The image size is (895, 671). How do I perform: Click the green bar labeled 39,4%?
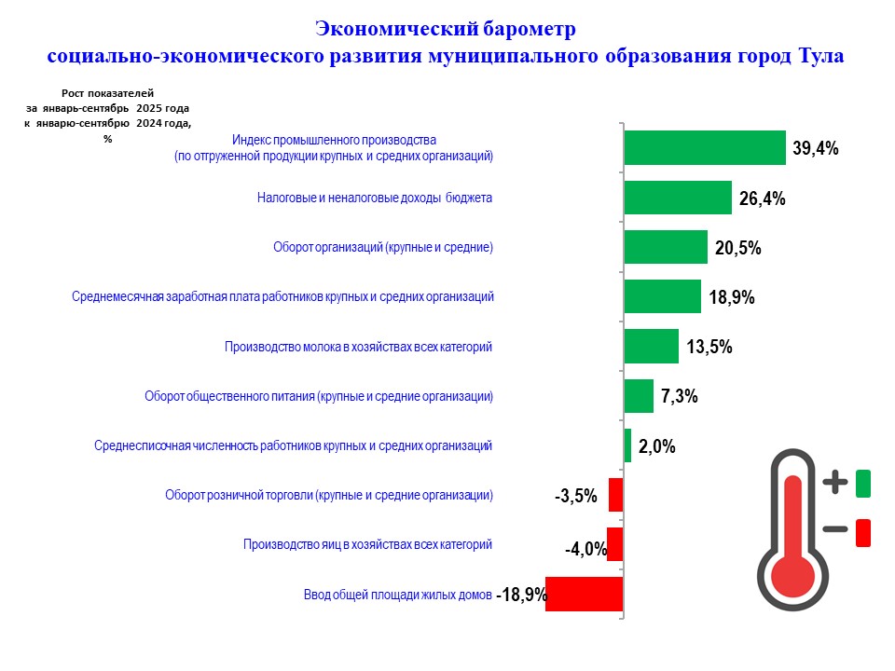[x=704, y=147]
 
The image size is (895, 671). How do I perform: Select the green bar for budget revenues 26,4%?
[x=677, y=198]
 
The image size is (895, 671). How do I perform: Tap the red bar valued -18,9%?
[x=584, y=594]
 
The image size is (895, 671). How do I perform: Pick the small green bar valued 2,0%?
[x=627, y=445]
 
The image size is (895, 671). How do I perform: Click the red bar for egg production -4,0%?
[x=614, y=544]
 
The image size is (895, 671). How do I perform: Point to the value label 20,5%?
[x=739, y=248]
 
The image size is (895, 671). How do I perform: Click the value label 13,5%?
[x=709, y=347]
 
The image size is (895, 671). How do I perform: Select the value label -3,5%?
[x=575, y=496]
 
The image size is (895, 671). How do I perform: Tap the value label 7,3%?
[x=680, y=396]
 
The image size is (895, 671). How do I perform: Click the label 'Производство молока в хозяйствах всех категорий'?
[x=358, y=347]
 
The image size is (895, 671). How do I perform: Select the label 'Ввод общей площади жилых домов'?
[x=397, y=594]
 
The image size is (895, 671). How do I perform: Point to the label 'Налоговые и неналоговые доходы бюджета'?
[x=374, y=198]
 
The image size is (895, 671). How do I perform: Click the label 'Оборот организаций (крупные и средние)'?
[x=382, y=247]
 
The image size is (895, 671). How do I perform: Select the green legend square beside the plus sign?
[x=862, y=484]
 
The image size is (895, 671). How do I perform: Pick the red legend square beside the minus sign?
[x=862, y=532]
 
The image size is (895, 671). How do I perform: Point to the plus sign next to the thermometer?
[x=836, y=483]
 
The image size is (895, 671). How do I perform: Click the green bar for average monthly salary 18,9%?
[x=662, y=297]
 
